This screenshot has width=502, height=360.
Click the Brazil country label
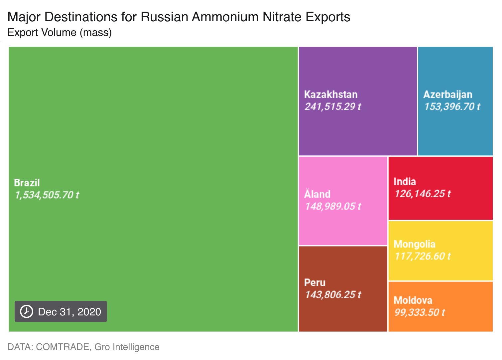click(27, 183)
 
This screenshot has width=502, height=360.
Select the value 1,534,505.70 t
click(47, 195)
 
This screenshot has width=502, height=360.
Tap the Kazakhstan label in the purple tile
click(330, 94)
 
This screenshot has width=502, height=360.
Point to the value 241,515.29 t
click(333, 106)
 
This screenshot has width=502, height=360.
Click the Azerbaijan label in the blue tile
click(447, 94)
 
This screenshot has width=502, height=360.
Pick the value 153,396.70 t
click(452, 106)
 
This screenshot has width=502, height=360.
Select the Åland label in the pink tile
click(317, 194)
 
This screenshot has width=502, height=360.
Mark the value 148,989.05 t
click(333, 206)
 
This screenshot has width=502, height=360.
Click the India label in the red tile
click(405, 182)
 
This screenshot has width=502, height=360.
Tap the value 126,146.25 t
click(422, 194)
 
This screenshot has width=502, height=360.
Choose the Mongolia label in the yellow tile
click(414, 244)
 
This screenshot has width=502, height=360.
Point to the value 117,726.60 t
click(422, 256)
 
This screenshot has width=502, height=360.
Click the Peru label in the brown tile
click(314, 282)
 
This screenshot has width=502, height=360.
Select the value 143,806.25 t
click(333, 295)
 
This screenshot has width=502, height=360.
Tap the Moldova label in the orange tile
click(413, 300)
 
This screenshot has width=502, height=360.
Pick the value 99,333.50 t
click(419, 312)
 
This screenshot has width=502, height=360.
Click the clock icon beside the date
click(27, 311)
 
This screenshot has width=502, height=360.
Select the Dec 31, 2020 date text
click(69, 312)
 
